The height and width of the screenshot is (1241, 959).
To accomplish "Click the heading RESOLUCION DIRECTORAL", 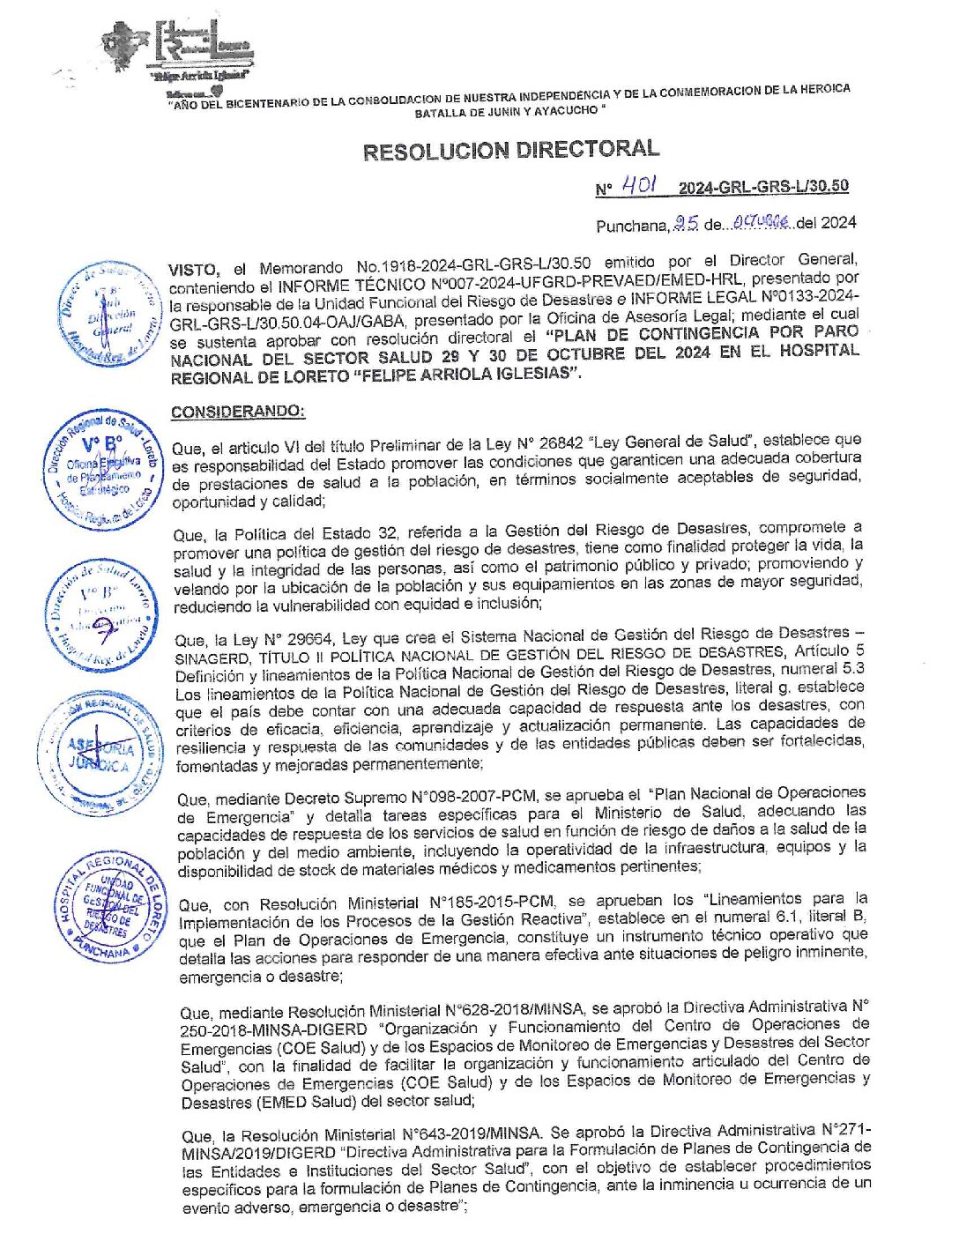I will tap(510, 150).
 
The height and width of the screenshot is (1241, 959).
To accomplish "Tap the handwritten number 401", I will tap(638, 184).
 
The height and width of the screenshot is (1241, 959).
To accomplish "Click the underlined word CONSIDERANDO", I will tap(238, 412).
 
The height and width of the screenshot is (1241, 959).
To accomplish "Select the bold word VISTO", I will tap(192, 269).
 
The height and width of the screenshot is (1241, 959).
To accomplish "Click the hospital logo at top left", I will tap(181, 48).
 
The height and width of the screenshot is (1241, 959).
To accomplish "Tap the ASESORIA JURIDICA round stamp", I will tap(100, 754).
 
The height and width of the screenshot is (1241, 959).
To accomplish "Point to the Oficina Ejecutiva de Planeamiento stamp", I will tap(104, 470).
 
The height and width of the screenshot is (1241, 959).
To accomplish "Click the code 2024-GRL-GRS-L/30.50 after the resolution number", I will tap(763, 186).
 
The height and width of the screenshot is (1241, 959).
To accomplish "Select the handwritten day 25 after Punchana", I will tap(686, 224).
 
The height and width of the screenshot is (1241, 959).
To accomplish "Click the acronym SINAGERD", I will tap(212, 658).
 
